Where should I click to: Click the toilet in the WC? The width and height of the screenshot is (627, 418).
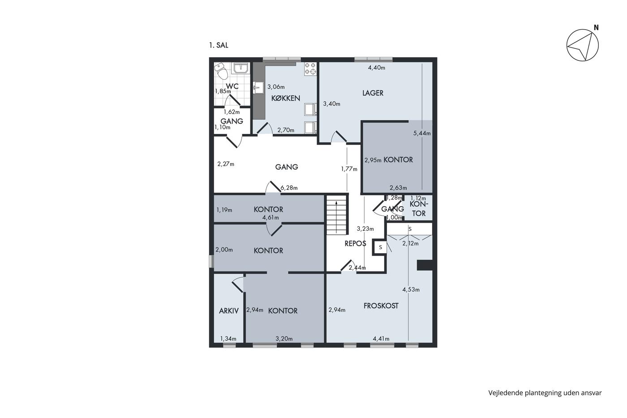[221, 71]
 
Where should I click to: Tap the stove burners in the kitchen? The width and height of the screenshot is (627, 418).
[310, 69]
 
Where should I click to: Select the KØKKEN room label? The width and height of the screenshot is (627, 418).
[286, 98]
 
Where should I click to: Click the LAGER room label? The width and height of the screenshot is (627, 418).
[373, 93]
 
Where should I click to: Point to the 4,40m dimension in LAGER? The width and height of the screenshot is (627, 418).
[377, 68]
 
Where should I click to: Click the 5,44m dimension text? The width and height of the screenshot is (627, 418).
[422, 133]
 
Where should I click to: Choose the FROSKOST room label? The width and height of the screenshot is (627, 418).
[381, 306]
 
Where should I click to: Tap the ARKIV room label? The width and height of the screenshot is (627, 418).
[229, 311]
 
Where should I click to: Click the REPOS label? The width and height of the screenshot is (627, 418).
[355, 244]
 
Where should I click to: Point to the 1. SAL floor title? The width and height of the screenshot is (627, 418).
[219, 45]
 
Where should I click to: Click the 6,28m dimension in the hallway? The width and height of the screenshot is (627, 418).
[289, 188]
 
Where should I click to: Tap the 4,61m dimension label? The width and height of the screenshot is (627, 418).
[271, 218]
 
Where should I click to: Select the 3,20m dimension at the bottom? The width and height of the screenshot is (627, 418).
[284, 339]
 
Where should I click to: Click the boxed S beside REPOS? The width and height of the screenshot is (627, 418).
[380, 247]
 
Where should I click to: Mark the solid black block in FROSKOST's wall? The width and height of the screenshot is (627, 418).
[425, 265]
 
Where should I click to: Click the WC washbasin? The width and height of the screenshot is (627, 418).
[241, 68]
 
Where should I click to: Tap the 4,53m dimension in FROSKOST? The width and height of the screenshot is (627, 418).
[411, 290]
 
